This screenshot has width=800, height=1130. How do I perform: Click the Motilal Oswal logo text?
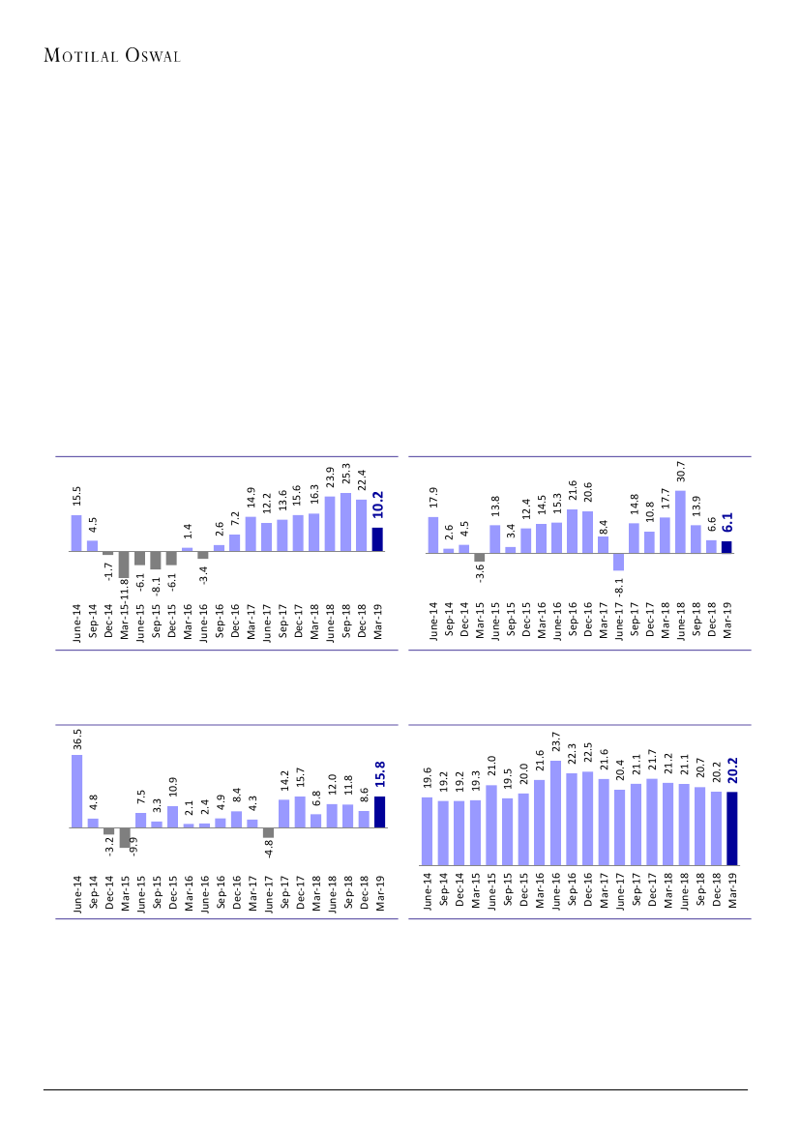pyautogui.click(x=113, y=56)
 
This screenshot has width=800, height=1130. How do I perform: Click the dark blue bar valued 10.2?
pyautogui.click(x=377, y=539)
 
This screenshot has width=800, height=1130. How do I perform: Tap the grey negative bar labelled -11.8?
pyautogui.click(x=124, y=565)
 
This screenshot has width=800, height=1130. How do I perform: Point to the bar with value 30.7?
pyautogui.click(x=680, y=522)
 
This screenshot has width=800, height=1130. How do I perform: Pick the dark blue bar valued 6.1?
pyautogui.click(x=726, y=546)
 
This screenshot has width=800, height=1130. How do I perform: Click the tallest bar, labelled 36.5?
pyautogui.click(x=76, y=791)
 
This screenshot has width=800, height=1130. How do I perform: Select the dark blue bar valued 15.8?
pyautogui.click(x=379, y=812)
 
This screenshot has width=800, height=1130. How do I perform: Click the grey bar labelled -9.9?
pyautogui.click(x=125, y=837)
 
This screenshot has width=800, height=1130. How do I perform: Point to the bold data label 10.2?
pyautogui.click(x=378, y=505)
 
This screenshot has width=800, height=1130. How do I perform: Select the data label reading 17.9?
pyautogui.click(x=433, y=497)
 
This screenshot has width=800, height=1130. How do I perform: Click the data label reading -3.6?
pyautogui.click(x=480, y=573)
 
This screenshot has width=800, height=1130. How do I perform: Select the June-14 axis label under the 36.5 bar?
pyautogui.click(x=77, y=894)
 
